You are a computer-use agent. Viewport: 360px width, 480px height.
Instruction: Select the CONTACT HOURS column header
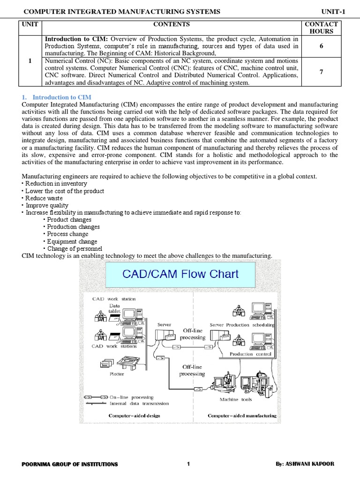(321, 28)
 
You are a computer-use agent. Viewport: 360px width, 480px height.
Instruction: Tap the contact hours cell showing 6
(321, 46)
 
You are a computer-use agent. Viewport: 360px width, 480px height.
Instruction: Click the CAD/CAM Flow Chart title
(180, 274)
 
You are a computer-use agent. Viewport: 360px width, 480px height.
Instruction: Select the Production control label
(248, 354)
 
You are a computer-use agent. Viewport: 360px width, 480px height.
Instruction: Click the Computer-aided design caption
(134, 415)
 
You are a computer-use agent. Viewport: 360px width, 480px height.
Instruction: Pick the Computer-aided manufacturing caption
(242, 415)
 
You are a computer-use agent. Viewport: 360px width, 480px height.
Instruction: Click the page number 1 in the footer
(188, 464)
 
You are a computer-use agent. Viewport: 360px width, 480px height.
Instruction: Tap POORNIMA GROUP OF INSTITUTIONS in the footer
(70, 464)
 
